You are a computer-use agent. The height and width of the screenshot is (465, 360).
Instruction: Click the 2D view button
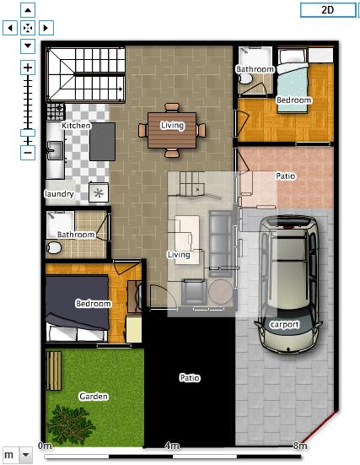(328, 10)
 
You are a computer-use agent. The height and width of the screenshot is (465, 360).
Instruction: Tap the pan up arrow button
(28, 10)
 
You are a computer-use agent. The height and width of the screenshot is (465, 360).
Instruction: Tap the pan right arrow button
(46, 28)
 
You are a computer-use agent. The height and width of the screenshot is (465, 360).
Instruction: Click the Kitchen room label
(76, 126)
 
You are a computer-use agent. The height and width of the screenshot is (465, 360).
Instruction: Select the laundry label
(59, 194)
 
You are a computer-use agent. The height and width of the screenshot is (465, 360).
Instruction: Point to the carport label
(284, 325)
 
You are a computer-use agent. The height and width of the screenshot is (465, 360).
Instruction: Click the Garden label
(94, 397)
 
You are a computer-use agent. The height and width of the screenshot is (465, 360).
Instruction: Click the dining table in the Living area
(172, 130)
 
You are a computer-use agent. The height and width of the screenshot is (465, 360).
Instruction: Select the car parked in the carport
(287, 284)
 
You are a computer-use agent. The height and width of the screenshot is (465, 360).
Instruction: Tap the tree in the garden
(70, 424)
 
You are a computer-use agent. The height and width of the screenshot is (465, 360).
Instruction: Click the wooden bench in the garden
(54, 370)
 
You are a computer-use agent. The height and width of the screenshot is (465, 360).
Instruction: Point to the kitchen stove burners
(56, 111)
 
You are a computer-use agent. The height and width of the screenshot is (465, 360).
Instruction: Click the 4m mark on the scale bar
(172, 446)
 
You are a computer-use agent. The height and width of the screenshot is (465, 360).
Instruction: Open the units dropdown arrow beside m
(25, 455)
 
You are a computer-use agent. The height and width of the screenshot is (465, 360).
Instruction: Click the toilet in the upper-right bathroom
(245, 78)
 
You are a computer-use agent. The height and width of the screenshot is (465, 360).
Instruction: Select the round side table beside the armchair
(220, 291)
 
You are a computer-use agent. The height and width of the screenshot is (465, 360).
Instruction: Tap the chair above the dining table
(172, 107)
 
